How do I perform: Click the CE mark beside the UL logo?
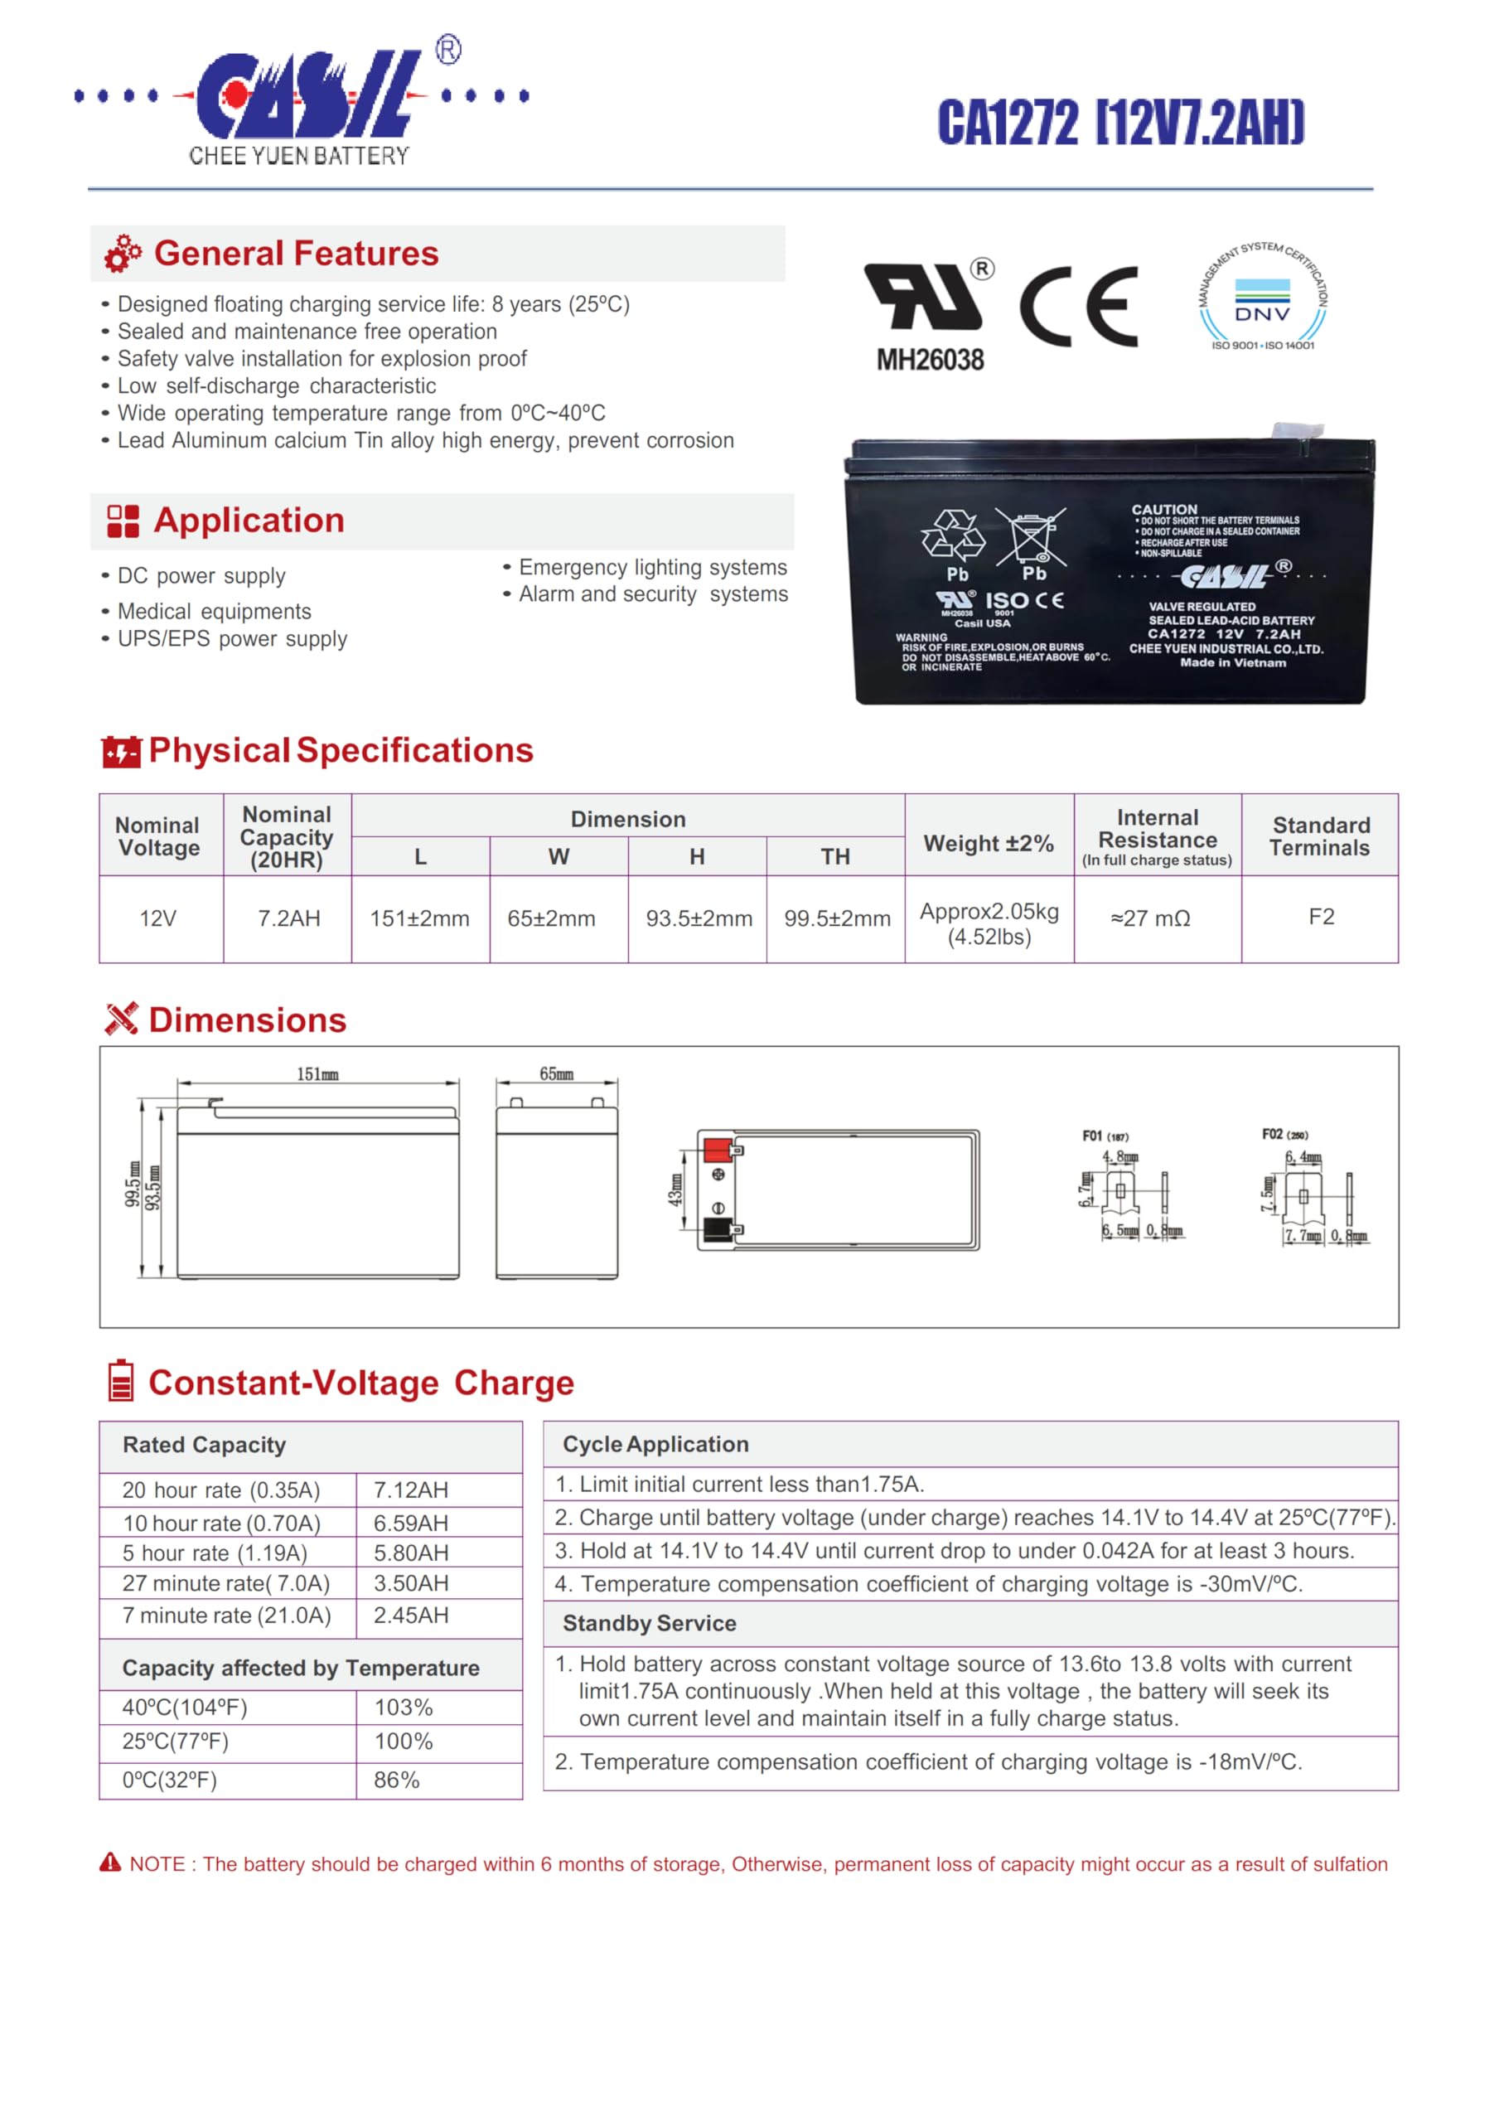pyautogui.click(x=1079, y=306)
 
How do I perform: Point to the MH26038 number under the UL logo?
pyautogui.click(x=930, y=360)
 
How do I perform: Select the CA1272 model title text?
pyautogui.click(x=1120, y=123)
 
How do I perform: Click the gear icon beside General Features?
pyautogui.click(x=122, y=254)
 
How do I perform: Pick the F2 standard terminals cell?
pyautogui.click(x=1321, y=917)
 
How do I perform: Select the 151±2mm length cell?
pyautogui.click(x=419, y=918)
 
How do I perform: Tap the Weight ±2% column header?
pyautogui.click(x=988, y=843)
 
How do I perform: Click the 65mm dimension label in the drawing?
pyautogui.click(x=556, y=1074)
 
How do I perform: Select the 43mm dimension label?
pyautogui.click(x=675, y=1189)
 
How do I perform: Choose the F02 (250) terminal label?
pyautogui.click(x=1284, y=1134)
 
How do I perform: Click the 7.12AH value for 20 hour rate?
pyautogui.click(x=410, y=1490)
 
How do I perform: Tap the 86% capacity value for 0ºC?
pyautogui.click(x=396, y=1780)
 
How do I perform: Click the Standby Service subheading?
pyautogui.click(x=649, y=1623)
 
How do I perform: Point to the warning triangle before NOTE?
pyautogui.click(x=110, y=1863)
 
